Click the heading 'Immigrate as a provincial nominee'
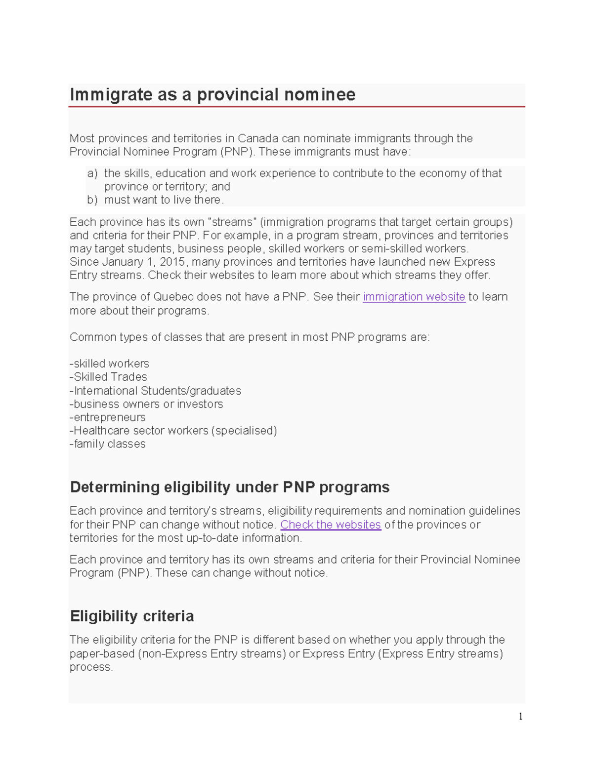point(212,94)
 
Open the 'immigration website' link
point(414,297)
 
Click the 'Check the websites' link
point(330,525)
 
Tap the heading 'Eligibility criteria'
point(132,616)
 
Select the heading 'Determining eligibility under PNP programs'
point(230,487)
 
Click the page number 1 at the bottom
point(520,717)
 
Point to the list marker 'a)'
point(92,173)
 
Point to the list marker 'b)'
point(92,200)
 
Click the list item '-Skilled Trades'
point(109,377)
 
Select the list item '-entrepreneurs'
point(108,417)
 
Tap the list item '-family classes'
point(108,444)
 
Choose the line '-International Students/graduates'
point(155,391)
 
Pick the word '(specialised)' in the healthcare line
point(244,431)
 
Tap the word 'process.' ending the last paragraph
point(91,667)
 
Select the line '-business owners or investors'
point(146,404)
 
